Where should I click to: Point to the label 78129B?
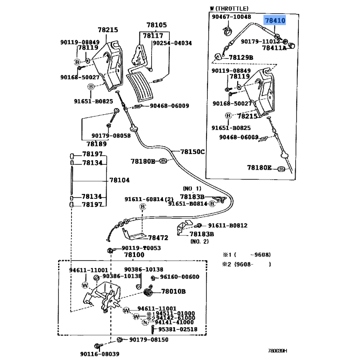[241, 58]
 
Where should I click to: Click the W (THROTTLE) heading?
[229, 9]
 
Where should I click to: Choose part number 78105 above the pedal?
[156, 25]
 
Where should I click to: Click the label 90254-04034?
[172, 43]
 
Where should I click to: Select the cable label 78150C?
[192, 152]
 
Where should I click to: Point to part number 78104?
[119, 180]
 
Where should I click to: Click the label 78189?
[97, 144]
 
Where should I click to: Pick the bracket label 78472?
[158, 237]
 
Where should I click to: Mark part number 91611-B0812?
[227, 225]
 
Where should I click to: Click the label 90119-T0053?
[141, 248]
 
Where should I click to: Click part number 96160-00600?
[180, 277]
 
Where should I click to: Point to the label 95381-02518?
[177, 329]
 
